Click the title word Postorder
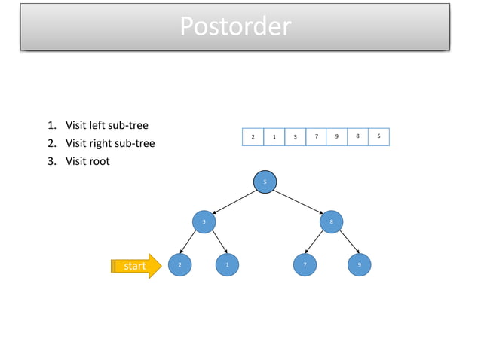pyautogui.click(x=234, y=26)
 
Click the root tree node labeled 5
pyautogui.click(x=265, y=182)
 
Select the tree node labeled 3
pyautogui.click(x=204, y=222)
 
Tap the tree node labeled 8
pyautogui.click(x=331, y=222)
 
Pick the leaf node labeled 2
pyautogui.click(x=179, y=265)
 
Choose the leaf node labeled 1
pyautogui.click(x=227, y=265)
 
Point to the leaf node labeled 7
pyautogui.click(x=305, y=265)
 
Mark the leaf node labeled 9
pyautogui.click(x=359, y=265)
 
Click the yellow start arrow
pyautogui.click(x=136, y=266)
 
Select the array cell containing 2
pyautogui.click(x=253, y=137)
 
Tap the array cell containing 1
pyautogui.click(x=274, y=137)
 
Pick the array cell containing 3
pyautogui.click(x=295, y=137)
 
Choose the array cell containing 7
pyautogui.click(x=316, y=137)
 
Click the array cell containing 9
pyautogui.click(x=336, y=137)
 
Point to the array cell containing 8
pyautogui.click(x=357, y=137)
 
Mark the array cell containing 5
pyautogui.click(x=378, y=137)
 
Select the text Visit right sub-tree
pyautogui.click(x=109, y=143)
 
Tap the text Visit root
pyautogui.click(x=87, y=161)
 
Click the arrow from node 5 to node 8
pyautogui.click(x=299, y=202)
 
